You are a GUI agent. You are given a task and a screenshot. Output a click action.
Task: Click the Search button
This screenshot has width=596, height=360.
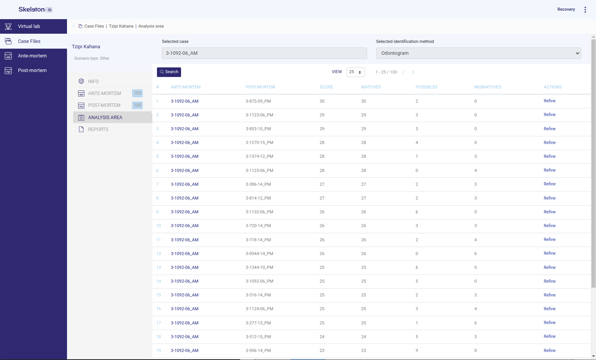pos(169,72)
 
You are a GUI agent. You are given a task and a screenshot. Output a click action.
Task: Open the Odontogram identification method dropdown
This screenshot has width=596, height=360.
pos(478,53)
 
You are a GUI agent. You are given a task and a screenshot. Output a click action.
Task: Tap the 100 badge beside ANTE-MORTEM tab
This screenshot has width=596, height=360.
pos(137,93)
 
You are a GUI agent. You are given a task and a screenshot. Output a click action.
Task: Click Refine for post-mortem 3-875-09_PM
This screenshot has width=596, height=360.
pos(549,101)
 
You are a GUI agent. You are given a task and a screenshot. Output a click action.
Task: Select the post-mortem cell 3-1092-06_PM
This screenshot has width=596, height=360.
pos(260,281)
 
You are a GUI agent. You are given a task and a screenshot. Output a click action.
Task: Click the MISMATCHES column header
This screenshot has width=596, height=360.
pos(488,87)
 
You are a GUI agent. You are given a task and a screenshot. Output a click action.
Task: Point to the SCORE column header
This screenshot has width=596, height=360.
pos(326,87)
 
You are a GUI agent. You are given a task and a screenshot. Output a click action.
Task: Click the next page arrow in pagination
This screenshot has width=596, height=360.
pos(413,72)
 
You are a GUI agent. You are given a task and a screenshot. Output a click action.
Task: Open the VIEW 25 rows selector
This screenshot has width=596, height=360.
pos(356,72)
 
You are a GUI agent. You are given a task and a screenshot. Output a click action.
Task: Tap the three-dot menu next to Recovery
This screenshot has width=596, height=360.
pos(585,10)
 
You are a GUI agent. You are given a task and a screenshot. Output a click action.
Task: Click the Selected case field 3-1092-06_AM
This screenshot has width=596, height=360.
pos(264,53)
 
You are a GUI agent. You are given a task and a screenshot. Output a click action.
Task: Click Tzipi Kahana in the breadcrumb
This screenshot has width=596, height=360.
pos(121,26)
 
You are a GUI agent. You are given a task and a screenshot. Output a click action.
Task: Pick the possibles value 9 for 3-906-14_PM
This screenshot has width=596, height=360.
pos(417,350)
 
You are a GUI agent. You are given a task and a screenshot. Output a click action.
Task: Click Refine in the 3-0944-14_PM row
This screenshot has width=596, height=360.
pos(549,253)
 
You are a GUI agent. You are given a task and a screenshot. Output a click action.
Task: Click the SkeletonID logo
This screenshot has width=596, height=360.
pos(35,10)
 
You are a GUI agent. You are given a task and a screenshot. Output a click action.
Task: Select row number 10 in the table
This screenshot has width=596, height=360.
pos(158,226)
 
